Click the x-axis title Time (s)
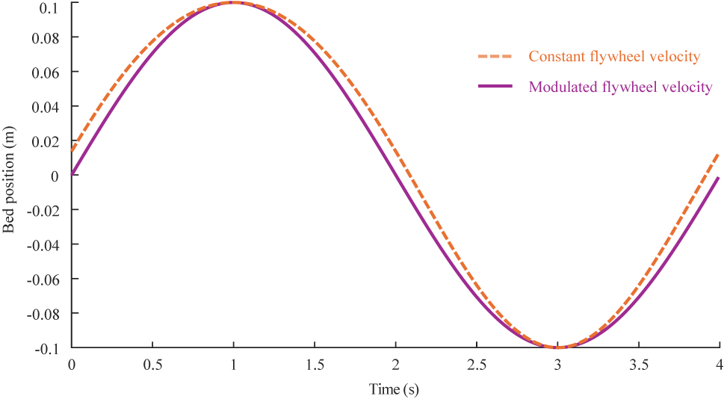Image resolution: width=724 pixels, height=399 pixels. tap(395, 389)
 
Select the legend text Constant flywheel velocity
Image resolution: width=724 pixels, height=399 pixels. tap(614, 57)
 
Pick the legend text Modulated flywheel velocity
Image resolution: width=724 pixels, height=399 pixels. tap(620, 87)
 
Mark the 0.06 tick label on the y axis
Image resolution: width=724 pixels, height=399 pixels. tap(46, 72)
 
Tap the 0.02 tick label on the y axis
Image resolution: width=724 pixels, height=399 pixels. tap(46, 141)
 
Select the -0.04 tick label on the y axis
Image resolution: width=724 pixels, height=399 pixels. tap(44, 244)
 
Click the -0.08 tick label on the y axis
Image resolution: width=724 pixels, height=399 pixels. tap(44, 313)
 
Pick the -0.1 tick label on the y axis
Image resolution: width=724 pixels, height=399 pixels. tap(47, 347)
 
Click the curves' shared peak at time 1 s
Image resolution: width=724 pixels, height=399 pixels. tap(234, 2)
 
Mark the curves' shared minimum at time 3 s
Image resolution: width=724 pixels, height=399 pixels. tap(557, 347)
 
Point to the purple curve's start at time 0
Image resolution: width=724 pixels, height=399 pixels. tap(72, 174)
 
